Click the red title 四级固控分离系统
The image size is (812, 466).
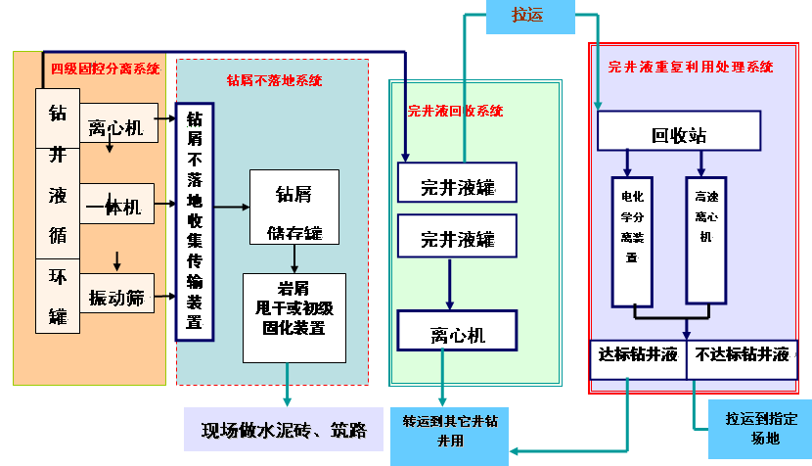point(106,69)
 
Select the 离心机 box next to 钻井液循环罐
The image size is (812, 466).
point(115,126)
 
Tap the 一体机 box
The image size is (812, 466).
point(115,207)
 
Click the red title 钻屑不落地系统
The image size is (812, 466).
point(274,80)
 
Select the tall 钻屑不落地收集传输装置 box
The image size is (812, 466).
point(194,221)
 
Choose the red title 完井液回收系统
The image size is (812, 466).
point(455,111)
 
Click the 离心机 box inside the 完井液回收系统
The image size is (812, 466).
point(457,332)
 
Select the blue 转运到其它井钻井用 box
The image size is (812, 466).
point(450,431)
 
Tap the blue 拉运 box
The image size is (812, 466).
point(530,16)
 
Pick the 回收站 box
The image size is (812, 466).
point(678,135)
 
